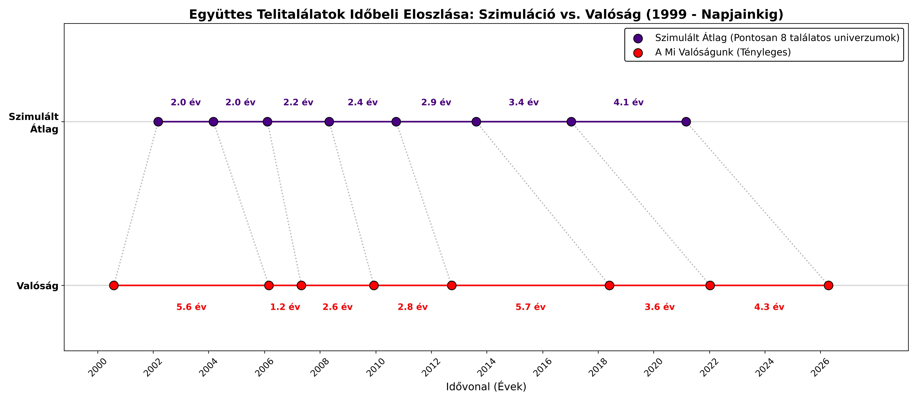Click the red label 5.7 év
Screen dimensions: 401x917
[x=530, y=307]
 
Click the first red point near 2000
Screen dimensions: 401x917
[x=114, y=285]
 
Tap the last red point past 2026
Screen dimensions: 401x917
[x=828, y=285]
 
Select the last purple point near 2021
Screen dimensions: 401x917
[x=686, y=122]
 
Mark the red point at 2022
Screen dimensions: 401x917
[x=710, y=285]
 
